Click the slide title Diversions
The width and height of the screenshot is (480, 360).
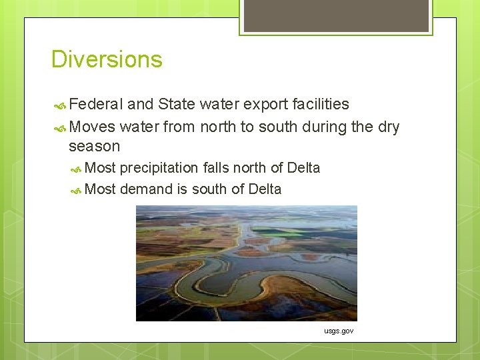[107, 59]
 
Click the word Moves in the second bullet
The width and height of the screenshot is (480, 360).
[92, 127]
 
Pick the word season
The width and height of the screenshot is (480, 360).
[94, 146]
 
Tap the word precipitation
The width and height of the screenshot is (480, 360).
[159, 169]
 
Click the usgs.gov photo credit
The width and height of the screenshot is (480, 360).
[339, 331]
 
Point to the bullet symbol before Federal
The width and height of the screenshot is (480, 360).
[60, 106]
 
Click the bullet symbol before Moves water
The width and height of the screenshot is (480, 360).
[60, 129]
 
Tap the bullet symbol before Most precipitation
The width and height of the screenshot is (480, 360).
[75, 169]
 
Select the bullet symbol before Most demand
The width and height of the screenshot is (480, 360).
[75, 191]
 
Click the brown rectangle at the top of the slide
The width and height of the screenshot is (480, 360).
[336, 16]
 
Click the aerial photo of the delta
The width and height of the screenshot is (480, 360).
[247, 263]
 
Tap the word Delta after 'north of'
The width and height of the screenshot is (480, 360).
[303, 167]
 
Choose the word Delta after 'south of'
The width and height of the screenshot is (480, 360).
[265, 189]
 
